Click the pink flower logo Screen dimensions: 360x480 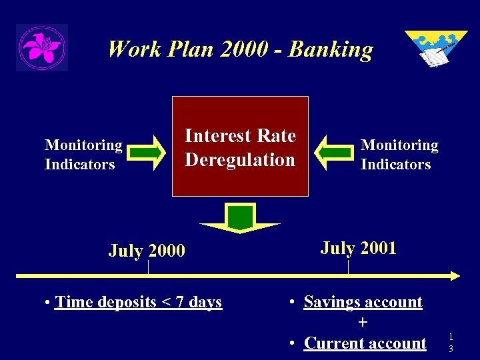pos(42,47)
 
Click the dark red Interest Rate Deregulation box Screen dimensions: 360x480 pos(240,146)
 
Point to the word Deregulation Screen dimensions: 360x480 pos(240,160)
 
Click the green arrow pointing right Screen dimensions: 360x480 pos(148,152)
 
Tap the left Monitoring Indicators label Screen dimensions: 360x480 pos(83,155)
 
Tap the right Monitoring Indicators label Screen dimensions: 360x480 pos(399,155)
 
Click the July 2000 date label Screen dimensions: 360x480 pos(147,251)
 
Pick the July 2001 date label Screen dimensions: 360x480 pos(358,249)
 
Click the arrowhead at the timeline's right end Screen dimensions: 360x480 pos(455,275)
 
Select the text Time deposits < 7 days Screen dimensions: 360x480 pos(139,302)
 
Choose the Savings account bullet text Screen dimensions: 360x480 pos(363,302)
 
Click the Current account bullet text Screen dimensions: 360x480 pos(365,343)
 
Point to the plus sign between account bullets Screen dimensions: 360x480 pos(362,323)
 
